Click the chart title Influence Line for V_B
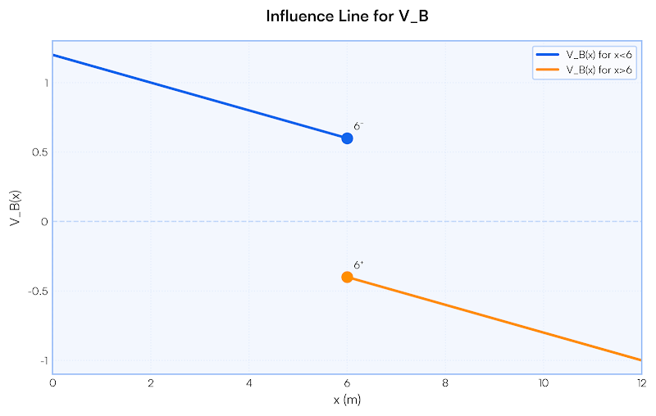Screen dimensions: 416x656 (347, 16)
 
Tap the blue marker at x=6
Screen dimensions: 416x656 (347, 138)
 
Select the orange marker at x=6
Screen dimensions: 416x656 (347, 277)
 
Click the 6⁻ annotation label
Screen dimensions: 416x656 (358, 126)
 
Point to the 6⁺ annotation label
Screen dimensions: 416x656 (358, 265)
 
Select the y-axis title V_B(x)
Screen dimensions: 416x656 (15, 208)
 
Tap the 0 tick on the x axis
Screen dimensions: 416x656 (53, 382)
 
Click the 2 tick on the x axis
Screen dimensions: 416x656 (151, 382)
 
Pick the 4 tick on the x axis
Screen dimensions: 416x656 (249, 382)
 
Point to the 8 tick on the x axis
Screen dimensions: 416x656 (445, 382)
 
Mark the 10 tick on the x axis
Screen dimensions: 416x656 (543, 382)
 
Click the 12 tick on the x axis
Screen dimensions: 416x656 (640, 382)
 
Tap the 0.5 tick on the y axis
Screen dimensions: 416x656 (40, 152)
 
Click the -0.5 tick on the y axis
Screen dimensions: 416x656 (39, 291)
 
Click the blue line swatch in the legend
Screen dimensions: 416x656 (548, 55)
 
